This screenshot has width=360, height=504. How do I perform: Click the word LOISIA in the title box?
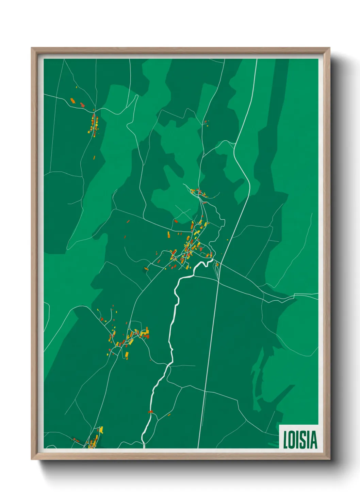(300, 440)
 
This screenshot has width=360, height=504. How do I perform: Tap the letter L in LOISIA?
(286, 440)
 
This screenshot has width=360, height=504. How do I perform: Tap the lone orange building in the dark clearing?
(146, 269)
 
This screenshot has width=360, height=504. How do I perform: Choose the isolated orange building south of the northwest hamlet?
(95, 157)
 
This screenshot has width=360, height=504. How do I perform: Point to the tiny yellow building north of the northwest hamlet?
(77, 87)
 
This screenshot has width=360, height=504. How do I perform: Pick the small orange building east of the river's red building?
(169, 414)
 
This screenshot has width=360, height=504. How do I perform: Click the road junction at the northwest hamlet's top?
(94, 110)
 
